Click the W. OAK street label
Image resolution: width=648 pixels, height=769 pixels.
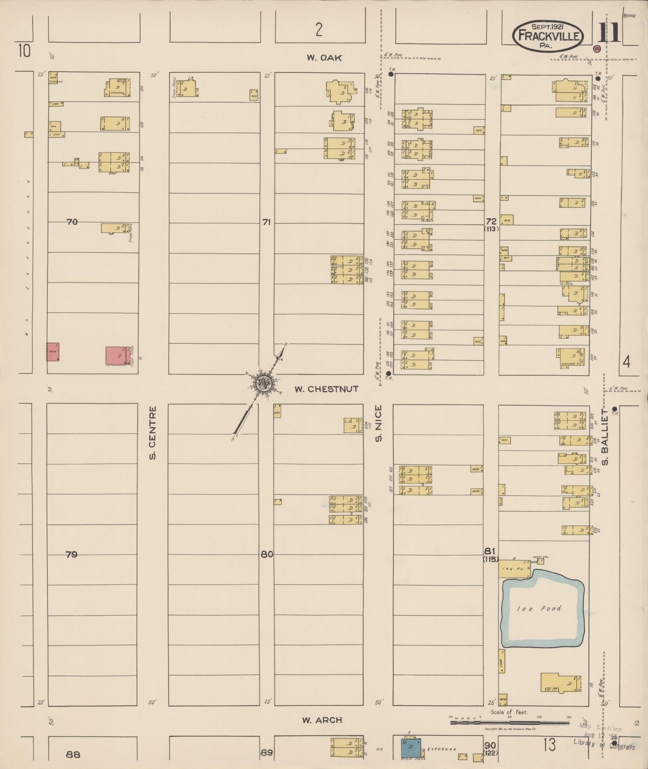[x=324, y=58]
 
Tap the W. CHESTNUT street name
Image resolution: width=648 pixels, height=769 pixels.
[x=326, y=389]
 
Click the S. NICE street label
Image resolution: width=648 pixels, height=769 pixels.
[x=378, y=423]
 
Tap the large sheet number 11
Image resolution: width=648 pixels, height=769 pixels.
[x=609, y=33]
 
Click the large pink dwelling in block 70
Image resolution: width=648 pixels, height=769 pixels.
[x=116, y=355]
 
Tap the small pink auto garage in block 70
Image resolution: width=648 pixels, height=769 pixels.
[x=53, y=352]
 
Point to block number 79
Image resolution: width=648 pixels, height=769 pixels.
[x=71, y=554]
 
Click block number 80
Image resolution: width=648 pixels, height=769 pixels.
[x=267, y=554]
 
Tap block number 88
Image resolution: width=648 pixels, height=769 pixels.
[x=73, y=755]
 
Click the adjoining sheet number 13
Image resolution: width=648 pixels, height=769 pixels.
[x=549, y=745]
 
